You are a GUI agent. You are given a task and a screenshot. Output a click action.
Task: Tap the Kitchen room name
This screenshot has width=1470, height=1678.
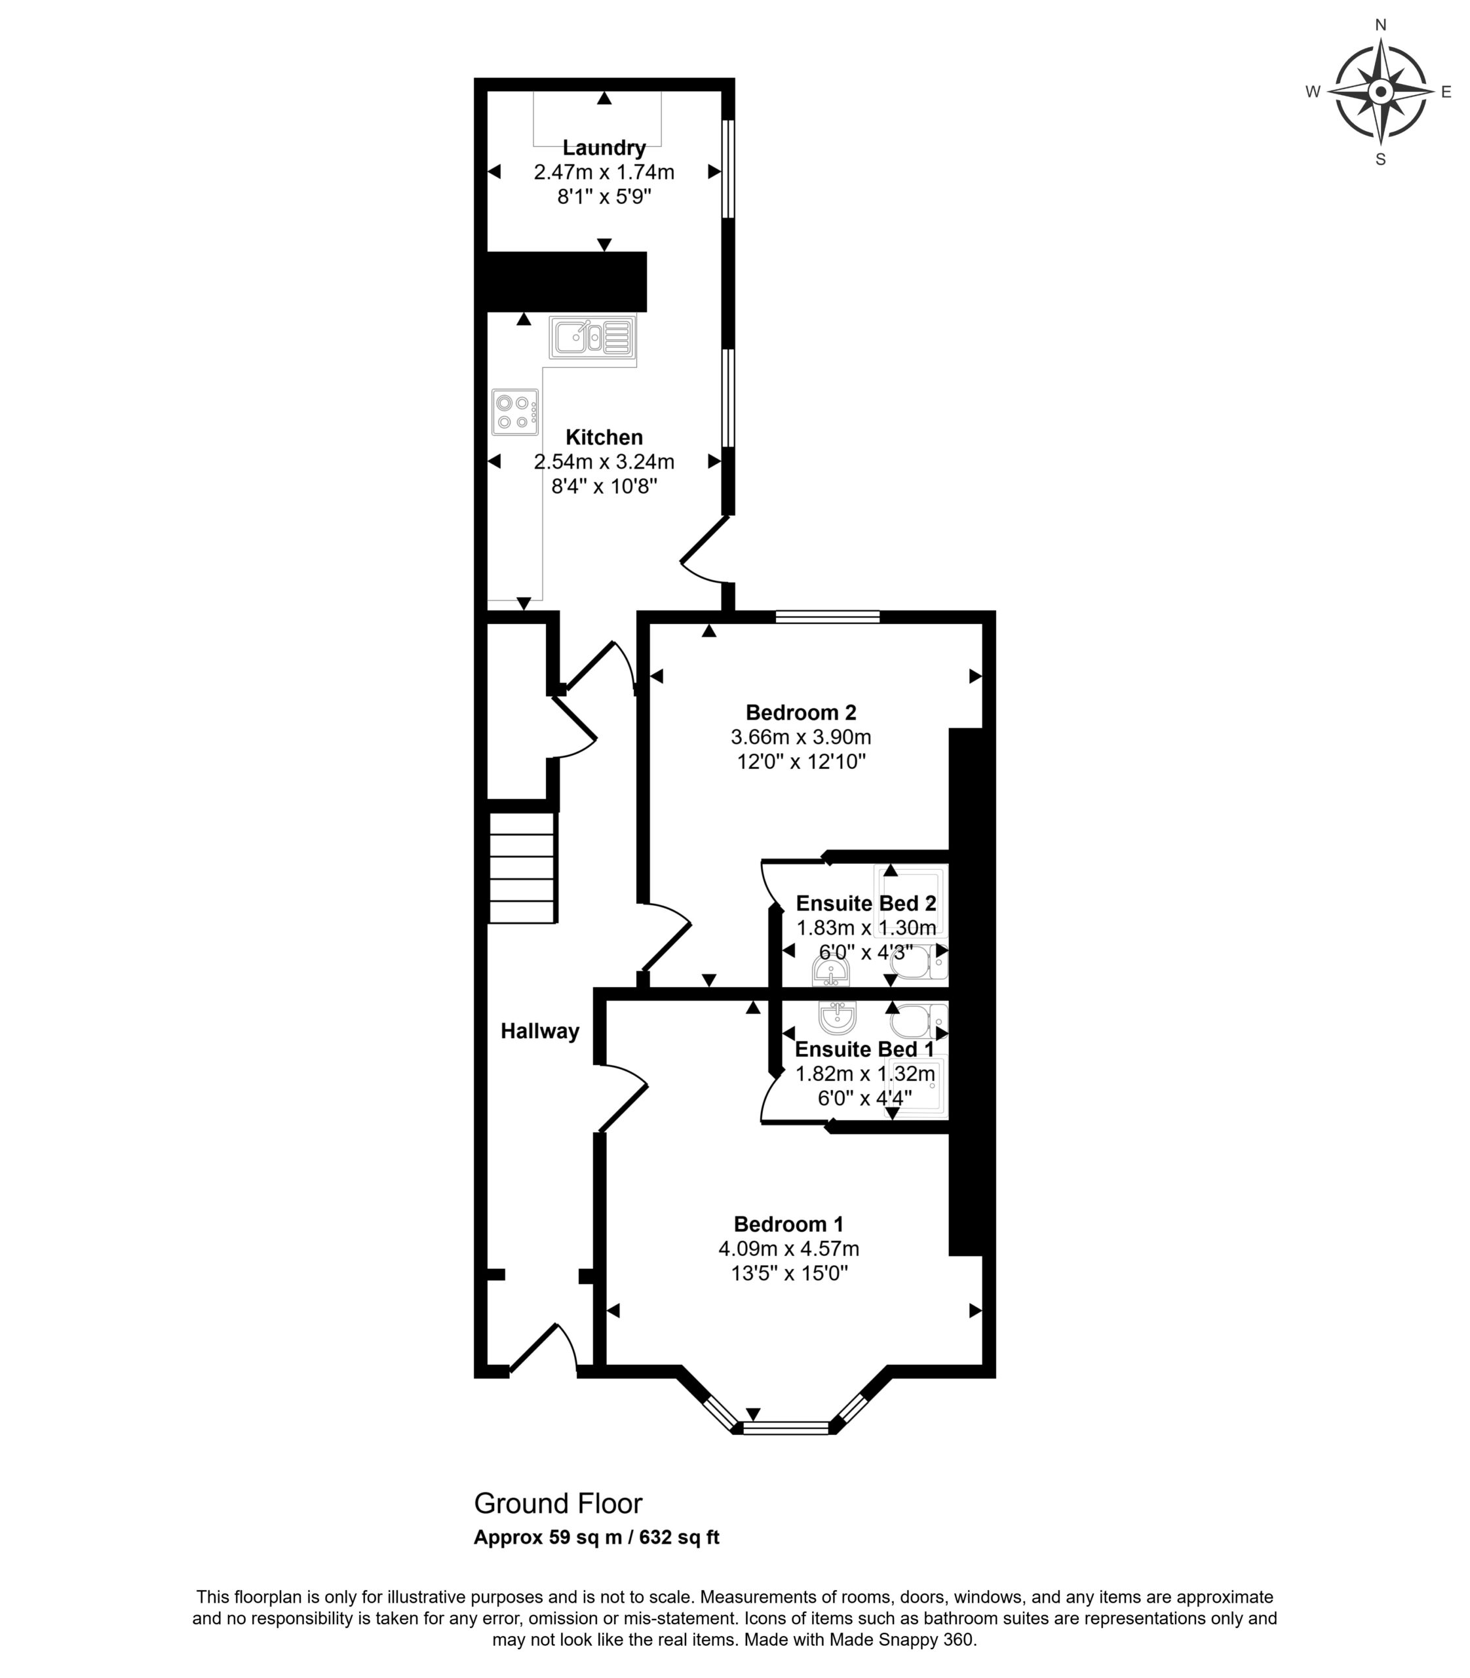point(604,437)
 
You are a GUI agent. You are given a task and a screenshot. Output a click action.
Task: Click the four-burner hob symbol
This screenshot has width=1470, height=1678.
point(515,412)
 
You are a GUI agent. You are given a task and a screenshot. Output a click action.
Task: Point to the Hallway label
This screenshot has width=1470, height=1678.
point(540,1032)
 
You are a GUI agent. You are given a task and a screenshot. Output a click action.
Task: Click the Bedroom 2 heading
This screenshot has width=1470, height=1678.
point(801,712)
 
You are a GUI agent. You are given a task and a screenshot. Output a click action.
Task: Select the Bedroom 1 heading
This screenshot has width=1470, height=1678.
point(788,1224)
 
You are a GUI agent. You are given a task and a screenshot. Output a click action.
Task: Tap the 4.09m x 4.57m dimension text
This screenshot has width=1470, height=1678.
point(788,1249)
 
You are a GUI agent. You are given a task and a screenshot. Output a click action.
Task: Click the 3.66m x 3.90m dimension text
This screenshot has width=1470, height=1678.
point(801,737)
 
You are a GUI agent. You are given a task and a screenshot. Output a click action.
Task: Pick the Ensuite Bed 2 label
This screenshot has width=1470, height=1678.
point(866,903)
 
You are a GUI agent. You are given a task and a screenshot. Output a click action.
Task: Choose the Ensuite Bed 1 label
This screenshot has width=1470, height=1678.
point(864,1049)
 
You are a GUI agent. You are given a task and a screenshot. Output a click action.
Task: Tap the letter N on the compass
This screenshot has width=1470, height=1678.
point(1381,26)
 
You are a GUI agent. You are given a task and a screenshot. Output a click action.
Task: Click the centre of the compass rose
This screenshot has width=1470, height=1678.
point(1381,92)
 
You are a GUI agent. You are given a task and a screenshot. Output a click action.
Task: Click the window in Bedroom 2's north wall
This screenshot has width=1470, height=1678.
point(828,617)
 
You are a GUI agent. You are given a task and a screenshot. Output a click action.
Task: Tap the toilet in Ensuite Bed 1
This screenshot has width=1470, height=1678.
point(919,1022)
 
